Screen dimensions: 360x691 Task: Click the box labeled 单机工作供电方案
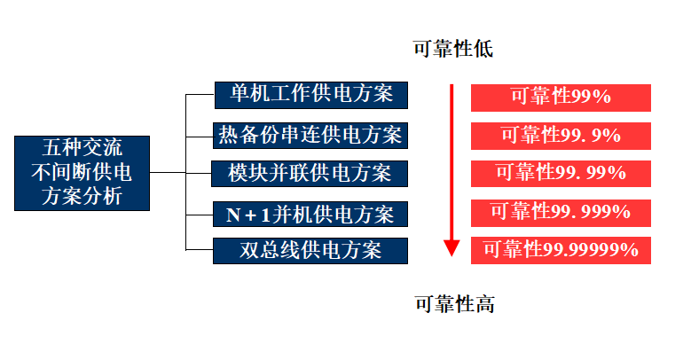pos(310,94)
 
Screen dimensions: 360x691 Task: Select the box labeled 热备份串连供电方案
pos(310,135)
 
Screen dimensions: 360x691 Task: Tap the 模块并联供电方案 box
pos(310,173)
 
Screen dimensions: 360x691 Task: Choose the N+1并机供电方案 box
pos(310,214)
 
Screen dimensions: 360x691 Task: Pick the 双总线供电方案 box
pos(310,251)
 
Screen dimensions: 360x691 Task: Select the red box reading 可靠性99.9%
pos(561,135)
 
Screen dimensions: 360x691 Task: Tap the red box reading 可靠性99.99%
pos(561,173)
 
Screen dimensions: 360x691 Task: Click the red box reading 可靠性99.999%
pos(561,212)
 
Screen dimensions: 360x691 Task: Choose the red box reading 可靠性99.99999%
pos(561,250)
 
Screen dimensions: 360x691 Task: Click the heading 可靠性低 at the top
pos(452,49)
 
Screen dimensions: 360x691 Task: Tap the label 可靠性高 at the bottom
pos(454,304)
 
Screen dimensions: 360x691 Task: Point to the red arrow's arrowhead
pos(452,248)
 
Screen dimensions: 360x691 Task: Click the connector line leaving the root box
pos(167,172)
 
